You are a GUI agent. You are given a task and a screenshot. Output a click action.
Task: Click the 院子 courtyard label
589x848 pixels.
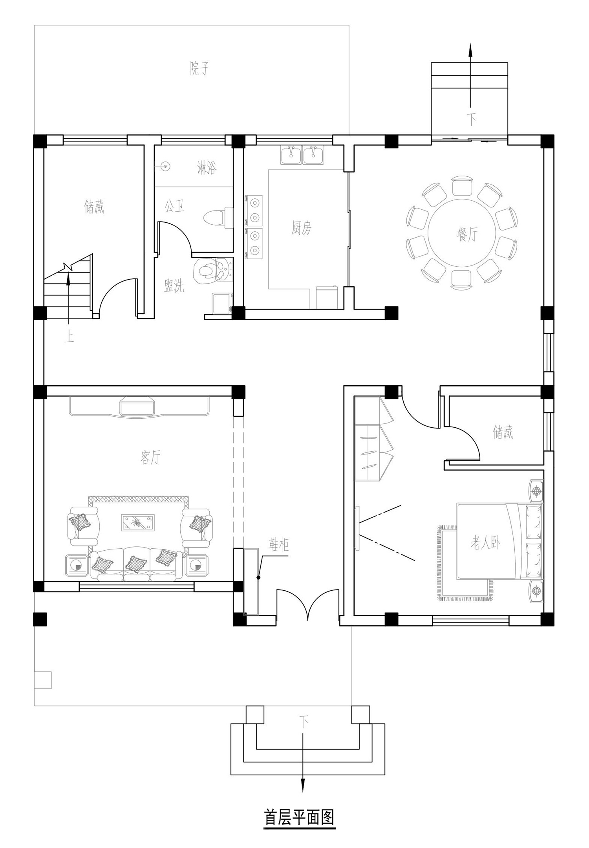coord(199,69)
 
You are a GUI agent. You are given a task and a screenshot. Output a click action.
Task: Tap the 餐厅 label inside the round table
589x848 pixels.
coord(467,235)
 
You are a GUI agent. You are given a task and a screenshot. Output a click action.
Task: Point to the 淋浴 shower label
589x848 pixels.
coord(207,168)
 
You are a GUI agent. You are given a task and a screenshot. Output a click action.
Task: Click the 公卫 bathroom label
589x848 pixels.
coord(174,206)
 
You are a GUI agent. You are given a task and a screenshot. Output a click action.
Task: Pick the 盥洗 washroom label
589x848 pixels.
coord(174,286)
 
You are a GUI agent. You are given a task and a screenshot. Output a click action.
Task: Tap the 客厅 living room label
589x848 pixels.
coord(150,457)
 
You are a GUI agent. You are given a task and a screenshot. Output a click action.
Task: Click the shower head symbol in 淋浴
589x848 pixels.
coord(166,167)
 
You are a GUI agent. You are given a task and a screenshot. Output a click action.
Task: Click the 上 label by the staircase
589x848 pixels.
coord(69,337)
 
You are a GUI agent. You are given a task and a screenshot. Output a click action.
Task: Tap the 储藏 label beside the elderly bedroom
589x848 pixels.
coord(503,433)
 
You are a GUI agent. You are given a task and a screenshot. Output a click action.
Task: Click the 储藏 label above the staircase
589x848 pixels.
coord(94,206)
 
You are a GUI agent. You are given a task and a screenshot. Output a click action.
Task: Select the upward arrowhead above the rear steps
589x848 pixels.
coord(471,51)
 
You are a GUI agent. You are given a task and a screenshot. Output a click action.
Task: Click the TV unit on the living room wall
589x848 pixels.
coord(139,406)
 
